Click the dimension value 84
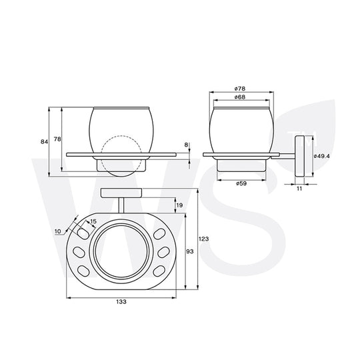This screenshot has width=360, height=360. [x=44, y=142]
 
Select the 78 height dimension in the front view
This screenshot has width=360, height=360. [x=57, y=139]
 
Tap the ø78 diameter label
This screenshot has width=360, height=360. [x=240, y=89]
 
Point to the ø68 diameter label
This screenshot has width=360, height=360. [x=240, y=97]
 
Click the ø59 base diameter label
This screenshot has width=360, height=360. [x=241, y=183]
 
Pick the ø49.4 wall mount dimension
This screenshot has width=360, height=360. [x=321, y=156]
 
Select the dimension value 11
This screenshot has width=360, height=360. [x=299, y=189]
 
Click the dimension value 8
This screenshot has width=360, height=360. [x=186, y=145]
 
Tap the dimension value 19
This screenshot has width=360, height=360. [x=179, y=205]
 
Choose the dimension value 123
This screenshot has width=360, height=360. [x=203, y=239]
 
